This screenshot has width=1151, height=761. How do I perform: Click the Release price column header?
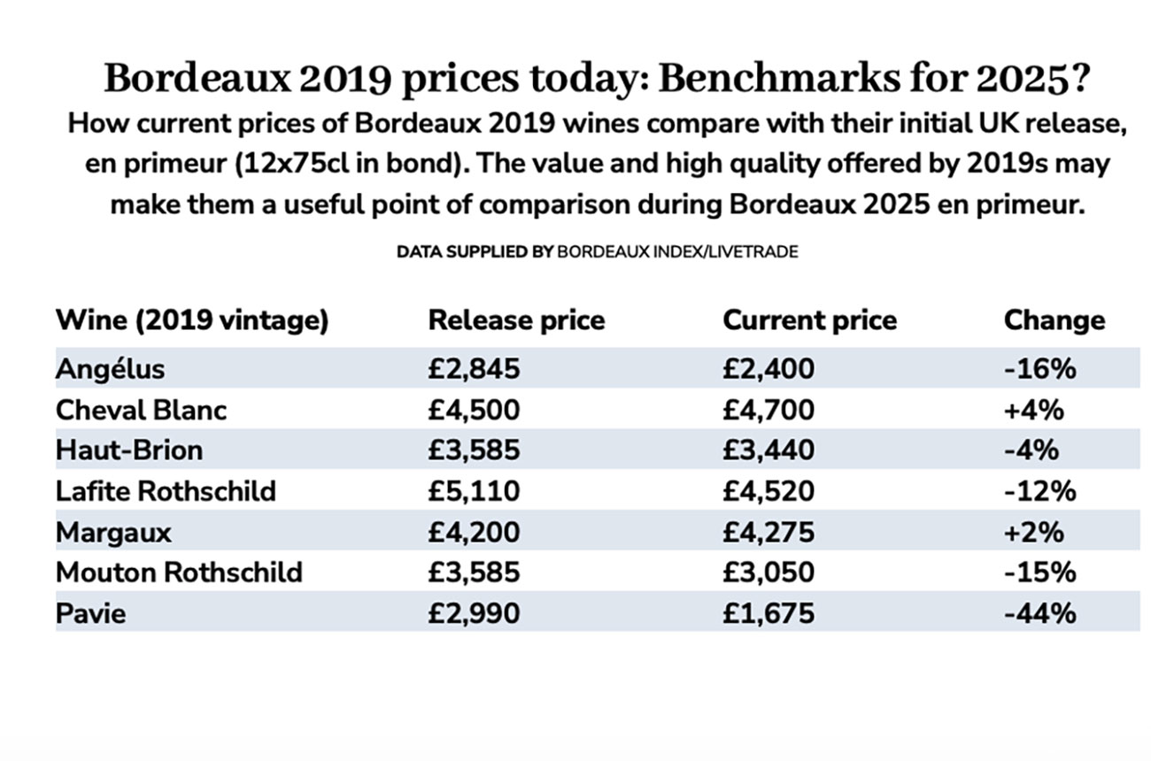click(516, 320)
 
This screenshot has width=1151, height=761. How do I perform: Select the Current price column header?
click(809, 320)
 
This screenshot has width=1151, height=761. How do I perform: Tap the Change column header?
click(1054, 320)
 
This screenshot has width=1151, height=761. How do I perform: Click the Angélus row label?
click(110, 368)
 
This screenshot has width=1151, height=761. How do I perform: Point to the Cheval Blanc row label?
click(141, 410)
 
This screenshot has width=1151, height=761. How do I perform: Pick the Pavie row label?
click(90, 612)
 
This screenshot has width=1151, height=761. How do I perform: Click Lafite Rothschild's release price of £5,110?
click(474, 490)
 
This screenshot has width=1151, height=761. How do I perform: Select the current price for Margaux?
click(768, 532)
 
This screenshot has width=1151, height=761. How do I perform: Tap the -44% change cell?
click(1040, 612)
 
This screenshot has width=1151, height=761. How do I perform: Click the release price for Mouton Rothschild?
click(474, 572)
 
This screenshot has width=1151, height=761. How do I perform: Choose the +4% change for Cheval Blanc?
click(1034, 410)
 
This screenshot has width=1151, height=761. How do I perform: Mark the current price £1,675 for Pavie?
click(768, 612)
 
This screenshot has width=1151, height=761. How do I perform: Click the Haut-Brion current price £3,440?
click(768, 450)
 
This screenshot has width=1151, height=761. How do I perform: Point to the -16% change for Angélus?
click(1040, 368)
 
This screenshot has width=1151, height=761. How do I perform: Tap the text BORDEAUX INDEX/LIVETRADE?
click(677, 252)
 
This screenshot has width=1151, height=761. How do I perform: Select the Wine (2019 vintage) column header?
click(192, 320)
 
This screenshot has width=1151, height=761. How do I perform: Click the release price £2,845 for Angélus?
click(474, 368)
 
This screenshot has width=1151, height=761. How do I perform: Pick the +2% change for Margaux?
click(1034, 532)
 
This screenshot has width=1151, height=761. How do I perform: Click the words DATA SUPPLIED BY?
click(475, 252)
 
